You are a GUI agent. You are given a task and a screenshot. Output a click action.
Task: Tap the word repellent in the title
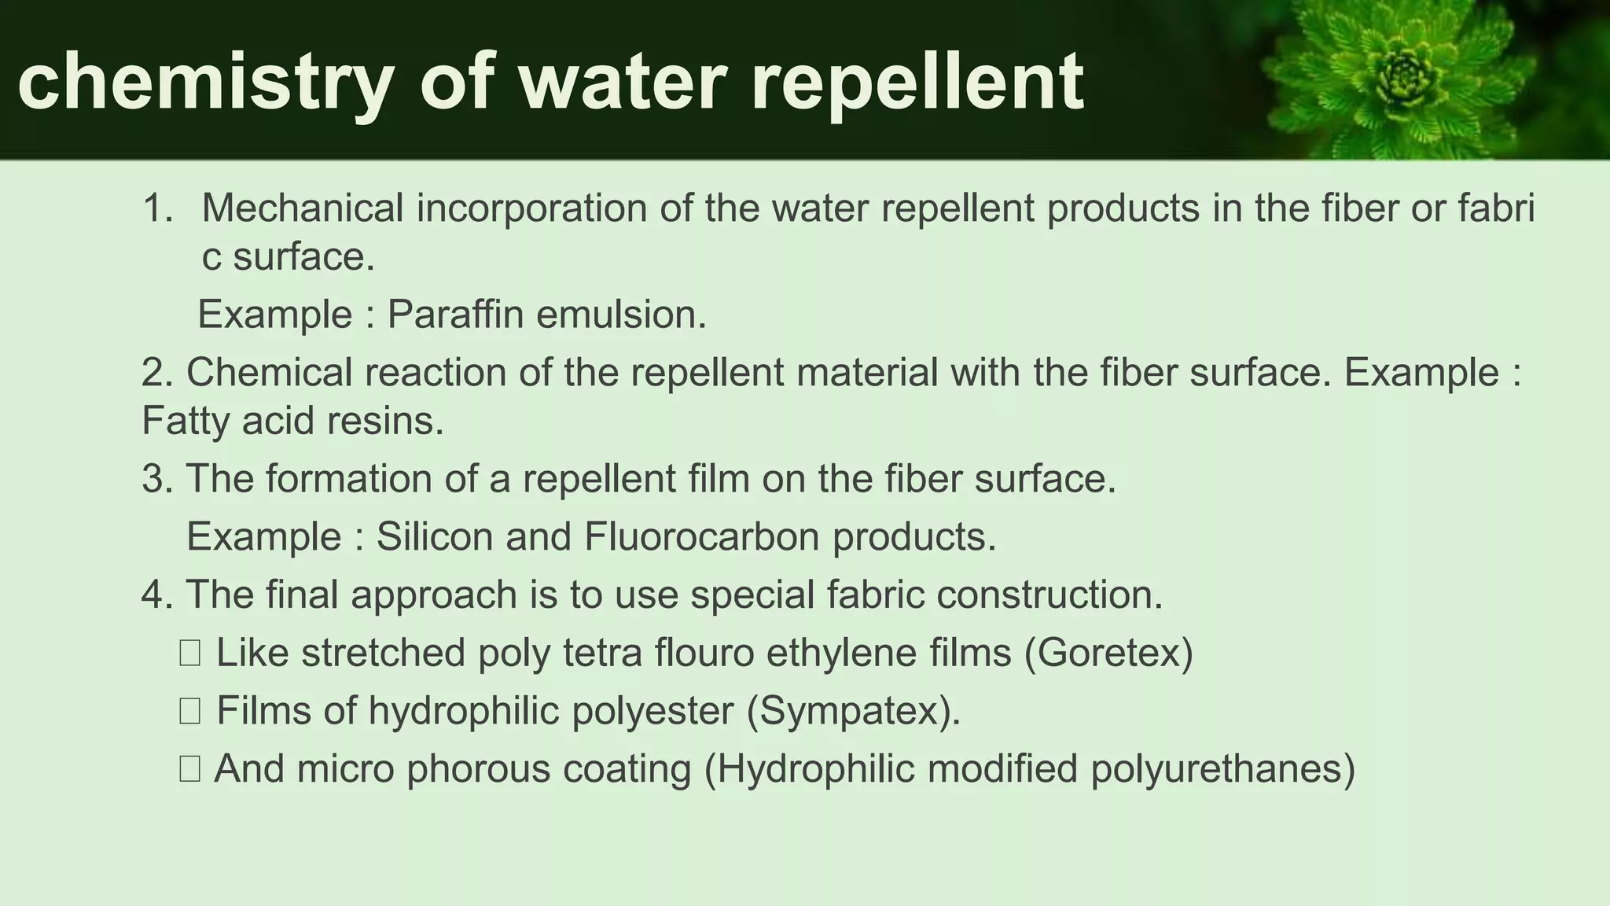[x=917, y=83]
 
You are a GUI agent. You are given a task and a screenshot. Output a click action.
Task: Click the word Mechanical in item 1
[x=303, y=208]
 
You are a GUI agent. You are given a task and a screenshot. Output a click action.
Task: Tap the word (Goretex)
[x=1108, y=653]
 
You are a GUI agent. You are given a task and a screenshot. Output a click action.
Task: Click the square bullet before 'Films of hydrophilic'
[x=189, y=712]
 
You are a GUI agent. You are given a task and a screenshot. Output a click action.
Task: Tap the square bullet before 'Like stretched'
[x=189, y=654]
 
